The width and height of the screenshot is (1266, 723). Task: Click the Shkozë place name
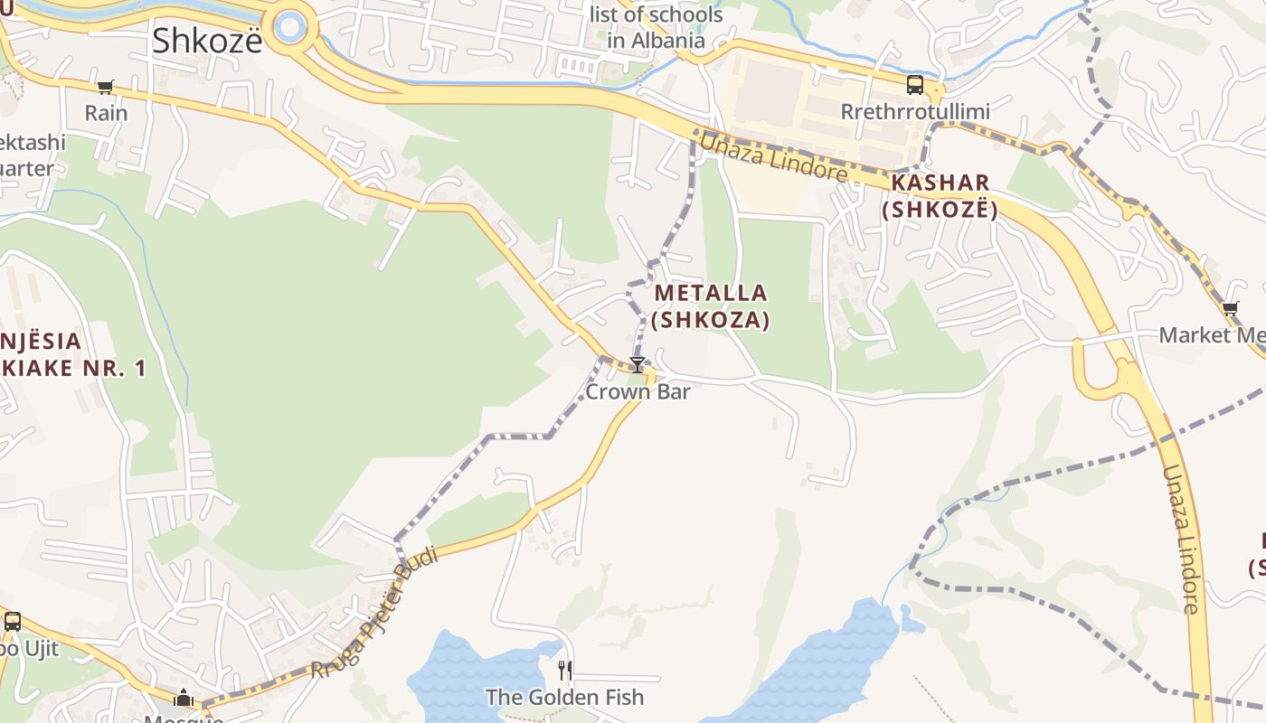click(x=207, y=41)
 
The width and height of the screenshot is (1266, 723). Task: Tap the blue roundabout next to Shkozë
click(x=290, y=26)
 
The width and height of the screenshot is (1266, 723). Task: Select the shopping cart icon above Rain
click(x=106, y=88)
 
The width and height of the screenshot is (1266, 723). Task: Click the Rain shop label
click(x=106, y=113)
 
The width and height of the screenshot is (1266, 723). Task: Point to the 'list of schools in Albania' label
click(x=656, y=27)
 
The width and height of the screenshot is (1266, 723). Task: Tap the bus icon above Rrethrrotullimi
click(x=915, y=86)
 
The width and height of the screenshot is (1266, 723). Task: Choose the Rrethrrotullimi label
click(x=915, y=112)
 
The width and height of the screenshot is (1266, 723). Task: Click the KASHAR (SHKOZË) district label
click(x=940, y=196)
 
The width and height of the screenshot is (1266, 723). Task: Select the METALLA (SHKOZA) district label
click(x=711, y=306)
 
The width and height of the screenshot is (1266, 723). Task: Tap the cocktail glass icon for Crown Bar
click(x=638, y=365)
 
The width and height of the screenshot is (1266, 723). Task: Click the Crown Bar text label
click(x=638, y=391)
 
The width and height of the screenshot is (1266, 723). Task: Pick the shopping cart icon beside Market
click(x=1230, y=309)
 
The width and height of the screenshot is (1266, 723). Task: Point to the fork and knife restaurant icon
click(x=565, y=671)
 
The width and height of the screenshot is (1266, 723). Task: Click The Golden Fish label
click(x=565, y=697)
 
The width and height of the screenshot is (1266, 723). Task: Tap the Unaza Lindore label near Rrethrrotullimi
click(x=773, y=156)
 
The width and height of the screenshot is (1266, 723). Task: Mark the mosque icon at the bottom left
click(x=184, y=698)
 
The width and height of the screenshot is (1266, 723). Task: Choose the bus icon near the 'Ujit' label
click(x=12, y=622)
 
